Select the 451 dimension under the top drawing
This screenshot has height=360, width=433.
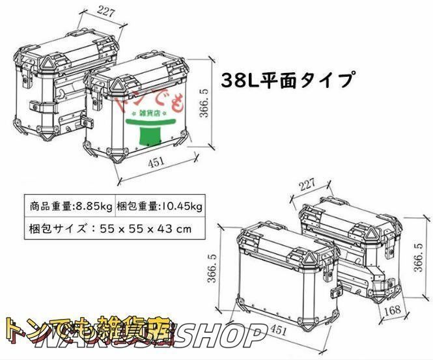pos(156,163)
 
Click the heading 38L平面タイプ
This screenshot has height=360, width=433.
pos(288,80)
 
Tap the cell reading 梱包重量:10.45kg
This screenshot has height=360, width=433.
pos(160,206)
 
